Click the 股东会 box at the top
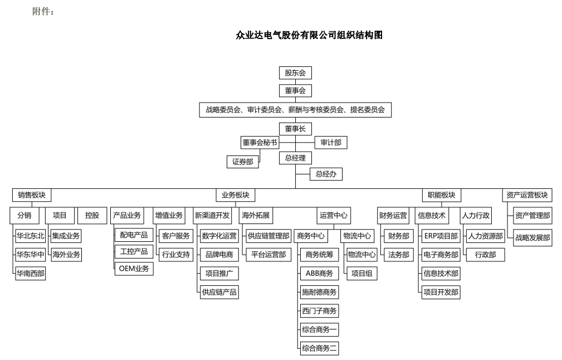(x=295, y=72)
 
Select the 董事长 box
(x=295, y=129)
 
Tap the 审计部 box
(x=331, y=143)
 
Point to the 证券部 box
(x=242, y=162)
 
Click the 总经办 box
(x=326, y=174)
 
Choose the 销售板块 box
(x=32, y=195)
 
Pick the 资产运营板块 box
(x=526, y=195)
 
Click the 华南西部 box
(x=31, y=274)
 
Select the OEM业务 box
(x=134, y=269)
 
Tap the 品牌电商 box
(x=219, y=255)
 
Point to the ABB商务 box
(x=319, y=273)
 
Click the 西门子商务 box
(x=319, y=311)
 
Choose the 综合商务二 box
(x=319, y=348)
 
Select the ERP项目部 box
(x=441, y=236)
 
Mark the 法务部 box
(x=399, y=255)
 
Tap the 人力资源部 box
(x=485, y=236)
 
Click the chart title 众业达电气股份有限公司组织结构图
(x=309, y=35)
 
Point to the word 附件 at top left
(x=43, y=12)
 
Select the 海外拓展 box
(x=257, y=215)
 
